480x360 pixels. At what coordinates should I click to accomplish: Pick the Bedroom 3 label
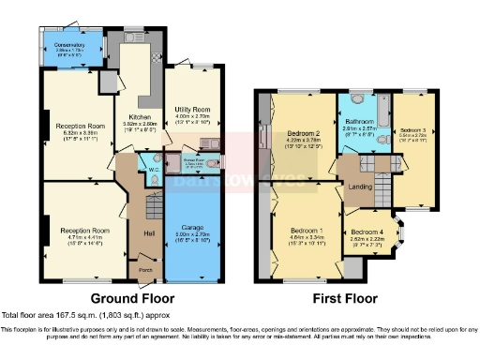pos(413,129)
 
